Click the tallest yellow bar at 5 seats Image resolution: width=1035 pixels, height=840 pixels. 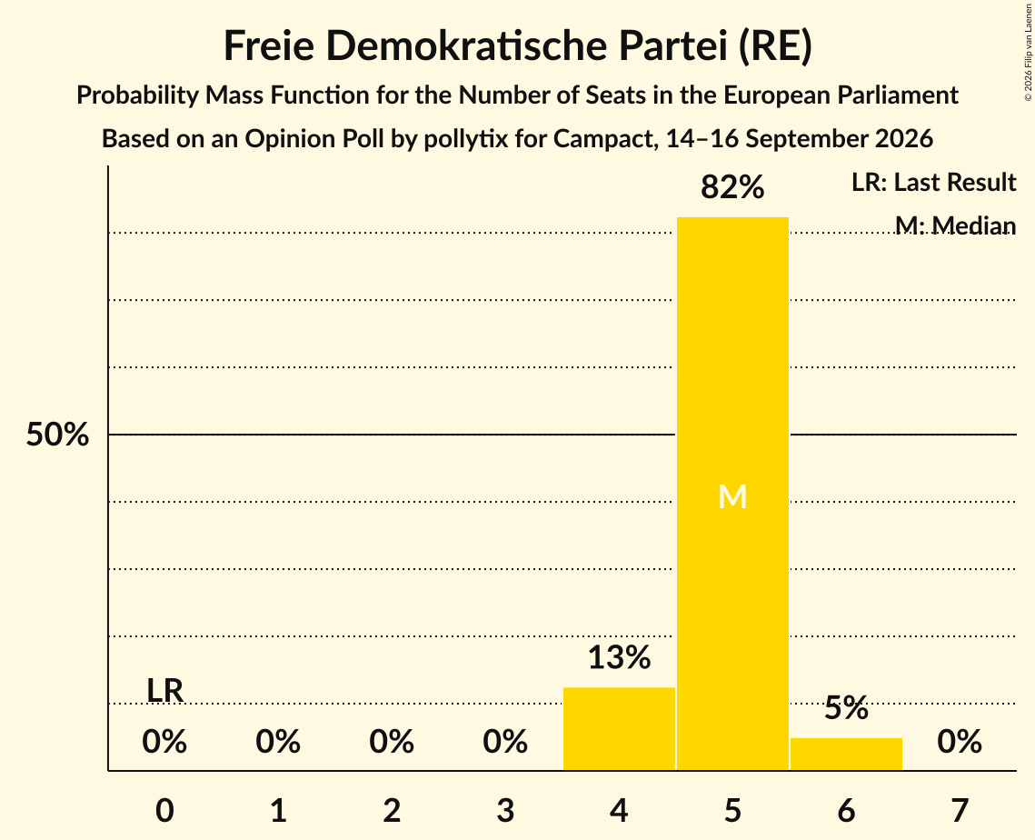(732, 494)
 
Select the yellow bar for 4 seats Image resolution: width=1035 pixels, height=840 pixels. (619, 728)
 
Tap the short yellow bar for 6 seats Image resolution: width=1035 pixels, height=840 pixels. (846, 754)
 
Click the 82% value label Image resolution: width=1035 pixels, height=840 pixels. (732, 187)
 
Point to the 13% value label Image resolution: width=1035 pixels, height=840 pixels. (619, 657)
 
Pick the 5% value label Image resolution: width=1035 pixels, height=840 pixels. (846, 708)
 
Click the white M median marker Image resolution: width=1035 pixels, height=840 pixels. (732, 496)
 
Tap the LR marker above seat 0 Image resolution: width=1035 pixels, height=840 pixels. (164, 691)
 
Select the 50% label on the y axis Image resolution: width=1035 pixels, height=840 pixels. (57, 435)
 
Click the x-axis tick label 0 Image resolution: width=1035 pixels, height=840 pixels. (164, 810)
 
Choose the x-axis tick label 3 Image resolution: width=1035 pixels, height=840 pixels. (505, 810)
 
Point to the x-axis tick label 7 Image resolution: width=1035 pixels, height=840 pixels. (960, 810)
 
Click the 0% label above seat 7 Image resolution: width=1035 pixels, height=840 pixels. (960, 742)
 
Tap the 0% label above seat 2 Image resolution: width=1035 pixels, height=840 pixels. (392, 742)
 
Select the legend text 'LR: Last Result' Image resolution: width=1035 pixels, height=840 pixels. (933, 182)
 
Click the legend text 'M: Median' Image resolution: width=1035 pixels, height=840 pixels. (955, 225)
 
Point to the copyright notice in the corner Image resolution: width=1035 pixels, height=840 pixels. (1028, 52)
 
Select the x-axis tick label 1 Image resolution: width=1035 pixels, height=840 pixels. (279, 810)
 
